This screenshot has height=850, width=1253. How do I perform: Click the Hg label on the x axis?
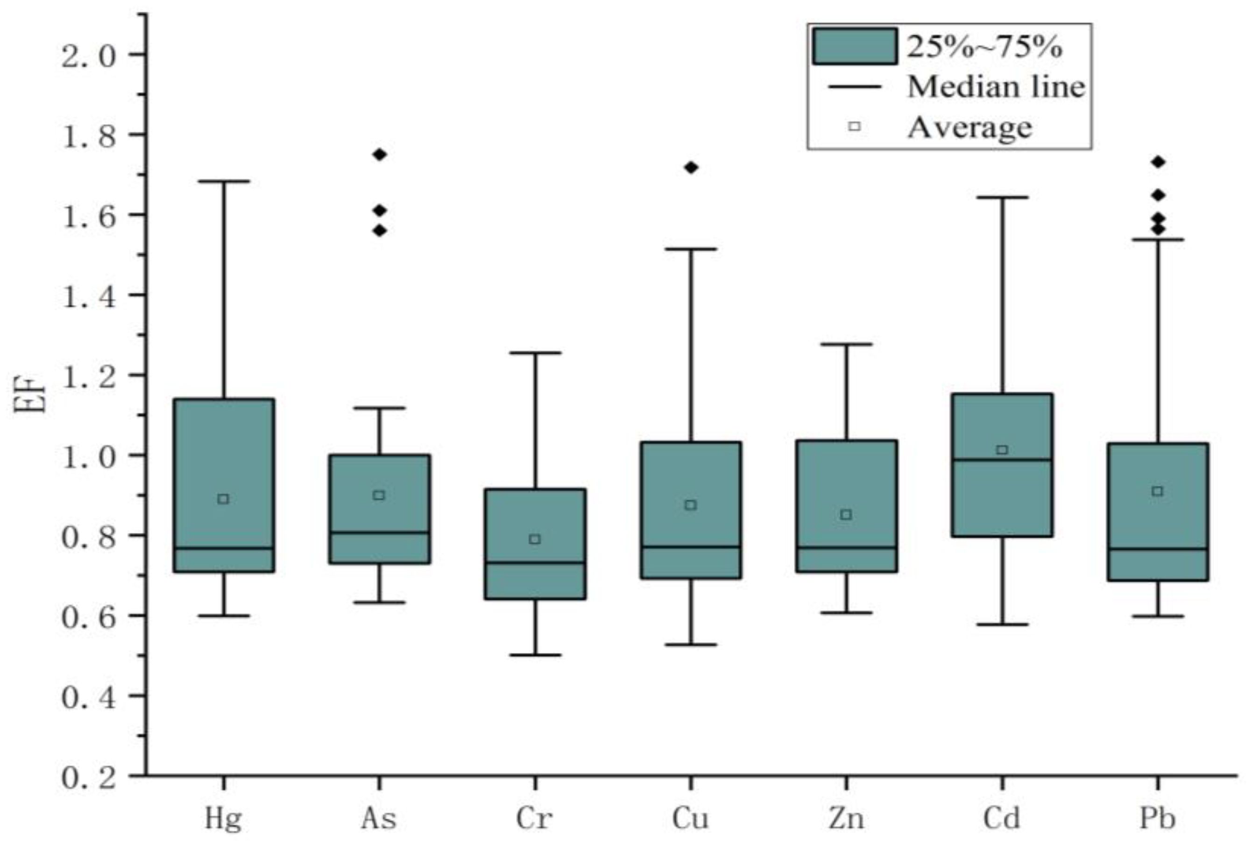tap(223, 818)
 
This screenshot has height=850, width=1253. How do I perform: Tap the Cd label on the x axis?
tap(1001, 818)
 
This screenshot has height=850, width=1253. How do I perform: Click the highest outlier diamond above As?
tap(380, 155)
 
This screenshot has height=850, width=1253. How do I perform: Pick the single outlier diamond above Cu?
tap(691, 168)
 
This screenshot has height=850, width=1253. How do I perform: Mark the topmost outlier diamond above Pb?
tap(1158, 162)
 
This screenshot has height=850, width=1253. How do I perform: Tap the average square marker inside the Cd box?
tap(1002, 450)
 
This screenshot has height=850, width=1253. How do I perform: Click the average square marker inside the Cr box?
tap(535, 539)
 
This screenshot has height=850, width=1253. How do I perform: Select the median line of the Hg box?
tap(224, 548)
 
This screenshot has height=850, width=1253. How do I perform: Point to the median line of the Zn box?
tap(847, 547)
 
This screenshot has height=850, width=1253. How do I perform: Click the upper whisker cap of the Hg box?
tap(224, 182)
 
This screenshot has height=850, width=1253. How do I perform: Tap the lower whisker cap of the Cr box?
tap(535, 655)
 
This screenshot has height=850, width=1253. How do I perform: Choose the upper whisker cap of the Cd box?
tap(1002, 198)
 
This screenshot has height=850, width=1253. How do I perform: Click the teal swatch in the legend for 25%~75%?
tap(855, 46)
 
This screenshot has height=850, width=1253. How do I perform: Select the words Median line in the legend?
tap(995, 86)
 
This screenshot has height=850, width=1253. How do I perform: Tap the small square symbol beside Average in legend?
tap(855, 127)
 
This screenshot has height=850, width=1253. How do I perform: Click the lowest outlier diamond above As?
tap(380, 231)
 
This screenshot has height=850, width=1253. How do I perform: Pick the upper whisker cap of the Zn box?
tap(847, 344)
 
